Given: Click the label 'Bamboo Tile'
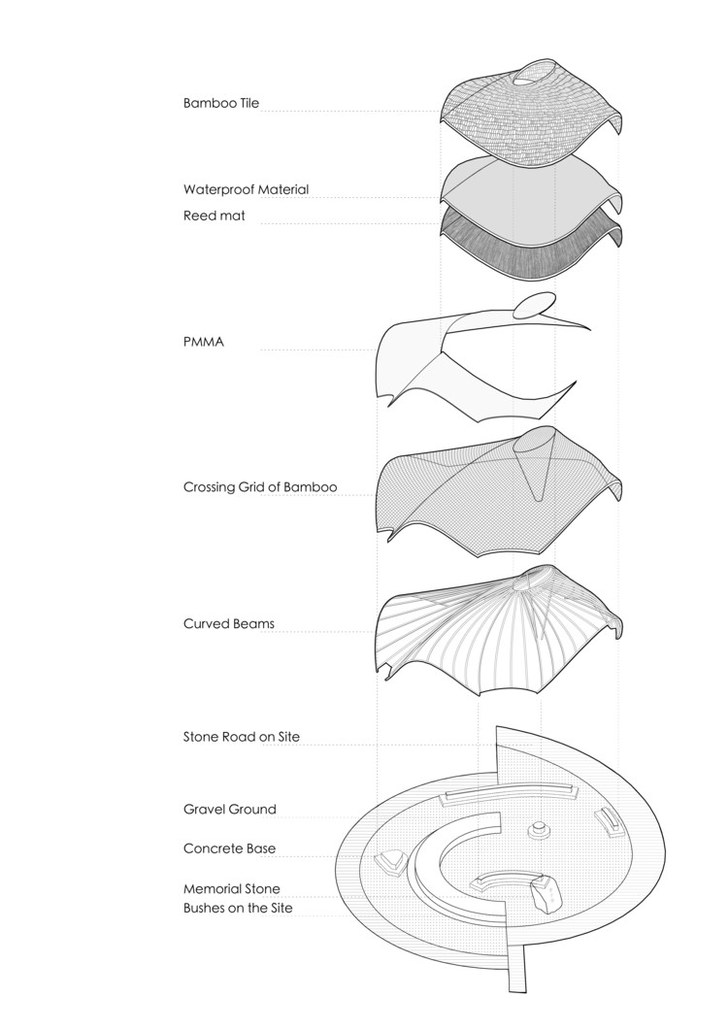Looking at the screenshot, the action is (x=221, y=102).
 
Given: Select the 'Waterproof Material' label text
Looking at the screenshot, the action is (x=246, y=189).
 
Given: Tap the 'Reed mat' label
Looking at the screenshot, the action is (x=215, y=216).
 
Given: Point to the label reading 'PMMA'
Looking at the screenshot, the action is (x=204, y=341).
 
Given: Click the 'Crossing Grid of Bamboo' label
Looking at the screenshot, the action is (x=260, y=486).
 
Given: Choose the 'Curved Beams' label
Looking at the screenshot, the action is (x=228, y=623).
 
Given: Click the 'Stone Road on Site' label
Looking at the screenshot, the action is (x=242, y=736).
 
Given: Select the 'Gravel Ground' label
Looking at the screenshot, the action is (x=230, y=809).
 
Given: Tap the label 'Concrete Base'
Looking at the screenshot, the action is (x=229, y=847).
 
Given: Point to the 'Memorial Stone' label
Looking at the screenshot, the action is (x=231, y=888).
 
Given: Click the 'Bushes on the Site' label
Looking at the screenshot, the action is (x=238, y=908).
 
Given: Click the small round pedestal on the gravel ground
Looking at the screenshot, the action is (x=536, y=830).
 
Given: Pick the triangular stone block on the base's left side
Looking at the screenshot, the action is (x=390, y=860).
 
